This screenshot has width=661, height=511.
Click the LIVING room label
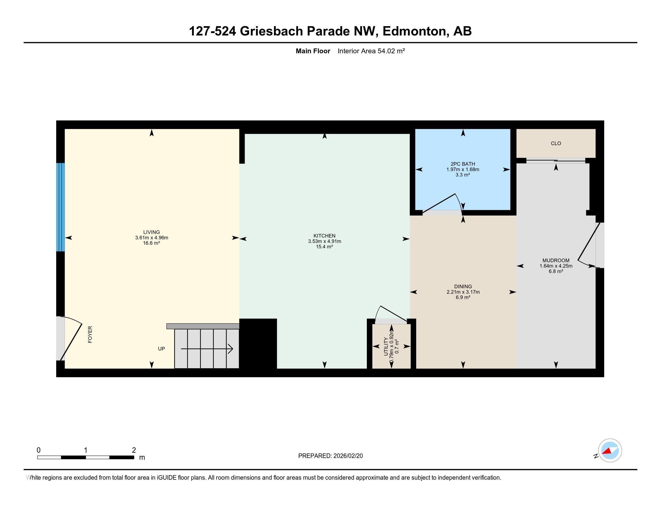[x=151, y=232]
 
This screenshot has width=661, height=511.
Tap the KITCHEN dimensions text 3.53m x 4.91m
[x=324, y=241]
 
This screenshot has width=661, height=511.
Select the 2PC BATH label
[x=462, y=164]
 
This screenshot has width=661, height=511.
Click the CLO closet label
[x=556, y=143]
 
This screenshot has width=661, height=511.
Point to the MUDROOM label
[x=556, y=260]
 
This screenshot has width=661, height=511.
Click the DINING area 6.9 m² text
[x=463, y=297]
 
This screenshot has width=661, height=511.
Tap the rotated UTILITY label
[x=386, y=346]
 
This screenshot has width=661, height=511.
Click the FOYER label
[x=90, y=335]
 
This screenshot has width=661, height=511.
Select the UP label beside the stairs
[x=161, y=349]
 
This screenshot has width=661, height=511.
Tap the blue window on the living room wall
[x=60, y=207]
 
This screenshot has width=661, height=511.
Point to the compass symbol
[x=610, y=451]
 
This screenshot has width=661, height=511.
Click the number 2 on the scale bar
[x=134, y=450]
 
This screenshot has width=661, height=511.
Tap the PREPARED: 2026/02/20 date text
[x=330, y=456]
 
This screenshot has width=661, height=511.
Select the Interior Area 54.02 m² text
[x=371, y=51]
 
